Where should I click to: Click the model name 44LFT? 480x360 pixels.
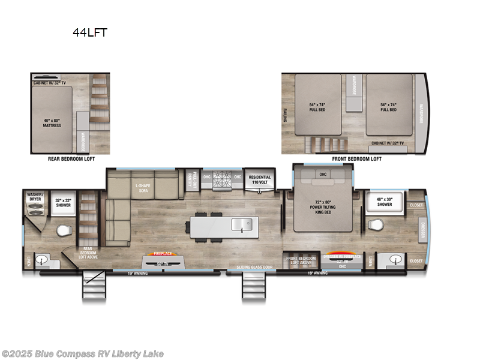tap(90, 33)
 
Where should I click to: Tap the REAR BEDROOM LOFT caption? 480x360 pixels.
tap(71, 159)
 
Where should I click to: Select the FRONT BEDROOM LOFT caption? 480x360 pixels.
tap(356, 159)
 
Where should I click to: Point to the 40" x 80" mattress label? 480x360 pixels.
tap(52, 123)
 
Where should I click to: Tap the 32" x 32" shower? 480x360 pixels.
tap(63, 202)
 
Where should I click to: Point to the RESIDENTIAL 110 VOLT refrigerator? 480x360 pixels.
tap(260, 180)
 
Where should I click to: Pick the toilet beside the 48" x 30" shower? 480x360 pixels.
tap(374, 225)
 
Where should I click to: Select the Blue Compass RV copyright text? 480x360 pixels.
tap(82, 354)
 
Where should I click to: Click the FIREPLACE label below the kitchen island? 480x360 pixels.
tap(162, 253)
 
